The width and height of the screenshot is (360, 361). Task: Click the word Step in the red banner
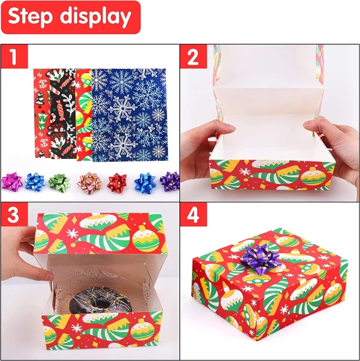click(x=30, y=17)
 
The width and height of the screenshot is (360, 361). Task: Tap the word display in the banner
click(x=95, y=17)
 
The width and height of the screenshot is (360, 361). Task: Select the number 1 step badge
click(x=14, y=56)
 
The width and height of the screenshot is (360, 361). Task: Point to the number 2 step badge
click(x=193, y=56)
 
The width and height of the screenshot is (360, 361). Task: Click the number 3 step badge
click(x=14, y=215)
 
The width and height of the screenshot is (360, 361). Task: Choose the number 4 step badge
click(x=193, y=215)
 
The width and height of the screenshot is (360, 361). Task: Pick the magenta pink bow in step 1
click(x=12, y=180)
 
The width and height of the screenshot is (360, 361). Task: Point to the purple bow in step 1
click(x=170, y=180)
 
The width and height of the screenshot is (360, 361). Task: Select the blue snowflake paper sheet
click(x=129, y=115)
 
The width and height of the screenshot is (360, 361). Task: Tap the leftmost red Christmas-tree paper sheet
click(x=42, y=113)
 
